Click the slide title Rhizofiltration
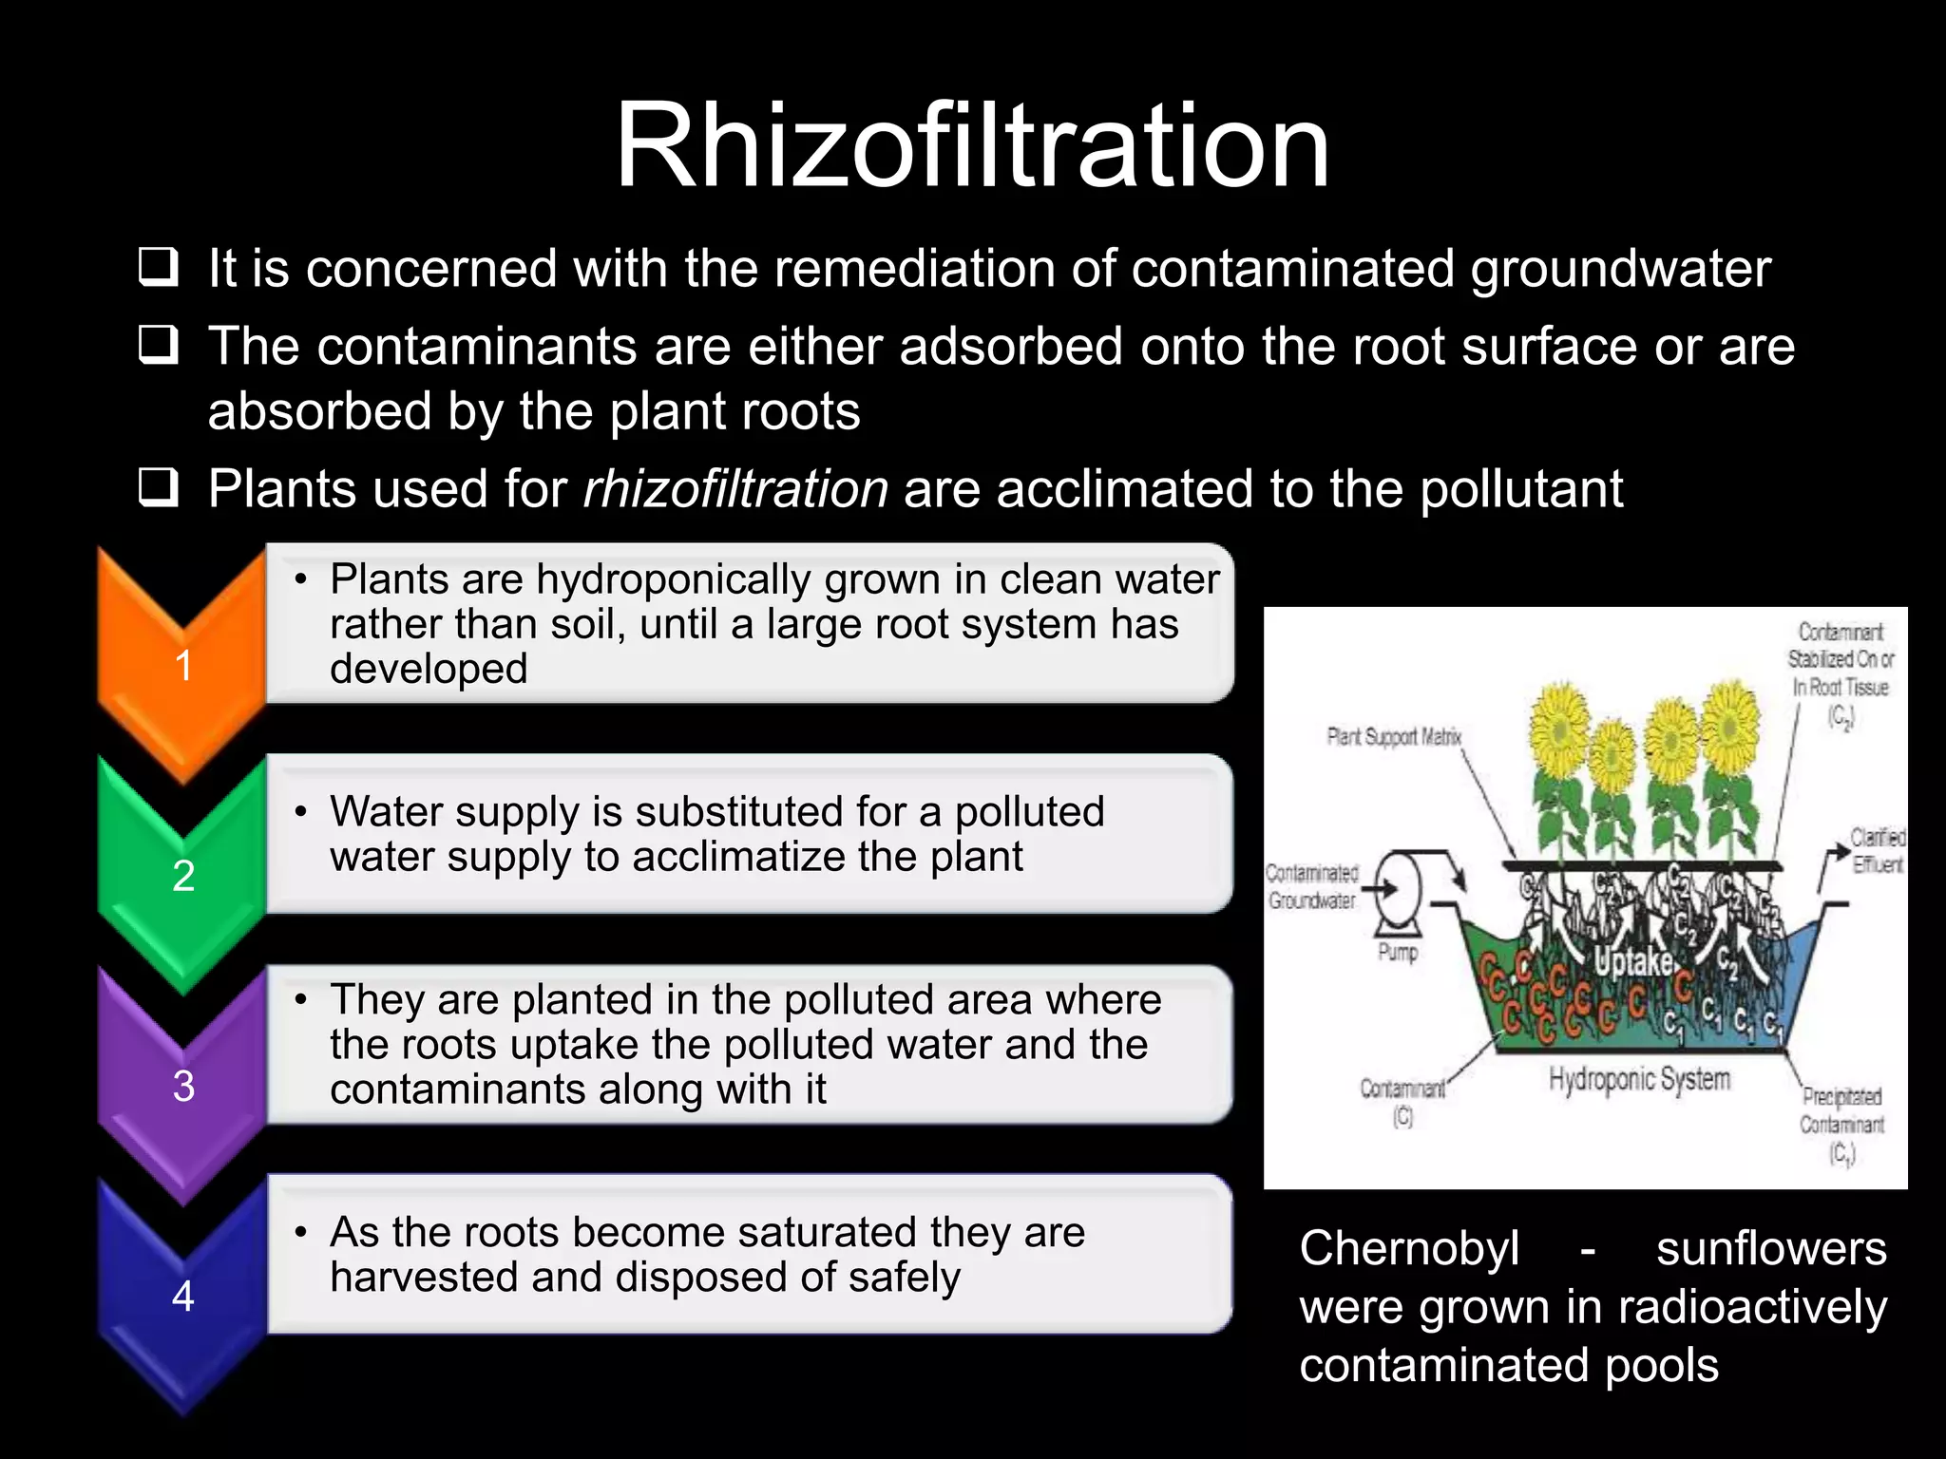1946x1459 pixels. [x=971, y=146]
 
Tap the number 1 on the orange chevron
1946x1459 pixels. [x=183, y=665]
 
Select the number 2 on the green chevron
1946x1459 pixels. [x=183, y=876]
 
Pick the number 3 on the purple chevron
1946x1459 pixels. [x=183, y=1086]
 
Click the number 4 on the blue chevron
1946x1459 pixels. [x=183, y=1296]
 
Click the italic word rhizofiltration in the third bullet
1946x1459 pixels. [x=735, y=489]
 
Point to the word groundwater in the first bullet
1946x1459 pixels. [x=1620, y=269]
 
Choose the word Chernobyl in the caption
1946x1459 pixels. [x=1409, y=1248]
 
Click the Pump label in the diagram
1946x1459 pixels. [x=1398, y=952]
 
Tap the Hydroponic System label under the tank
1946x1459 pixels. [x=1639, y=1080]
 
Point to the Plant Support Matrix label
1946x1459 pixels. [x=1394, y=736]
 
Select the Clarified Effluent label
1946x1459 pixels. [x=1877, y=850]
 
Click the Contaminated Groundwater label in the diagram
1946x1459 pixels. [x=1312, y=886]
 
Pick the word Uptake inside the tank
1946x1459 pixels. [x=1633, y=962]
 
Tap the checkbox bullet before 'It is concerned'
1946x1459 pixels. [x=158, y=268]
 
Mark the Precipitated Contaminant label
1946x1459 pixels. [x=1841, y=1124]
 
